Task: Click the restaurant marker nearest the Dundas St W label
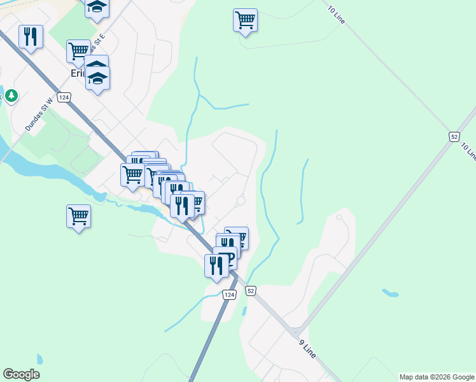click(31, 36)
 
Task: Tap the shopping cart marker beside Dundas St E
click(78, 50)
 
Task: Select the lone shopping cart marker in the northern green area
click(245, 20)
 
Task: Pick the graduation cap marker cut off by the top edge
click(97, 8)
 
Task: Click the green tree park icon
click(11, 96)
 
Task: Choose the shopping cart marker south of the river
click(78, 216)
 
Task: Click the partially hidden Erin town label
click(76, 74)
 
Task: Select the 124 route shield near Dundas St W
click(63, 97)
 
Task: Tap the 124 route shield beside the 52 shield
click(230, 294)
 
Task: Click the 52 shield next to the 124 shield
click(251, 291)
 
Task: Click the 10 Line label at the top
click(337, 15)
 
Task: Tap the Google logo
click(21, 374)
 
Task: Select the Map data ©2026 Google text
click(437, 377)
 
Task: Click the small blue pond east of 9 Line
click(390, 294)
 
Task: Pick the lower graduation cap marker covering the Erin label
click(98, 80)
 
